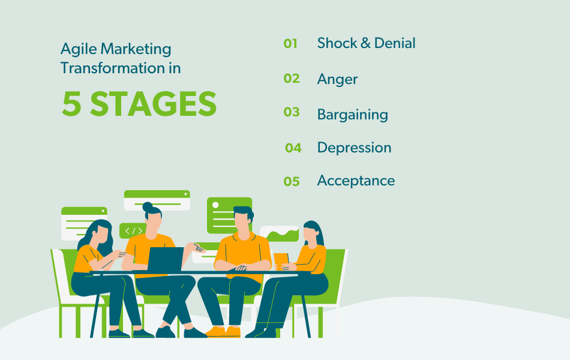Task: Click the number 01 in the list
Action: coord(290,43)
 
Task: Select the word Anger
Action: coord(337,79)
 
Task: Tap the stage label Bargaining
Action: coord(352,115)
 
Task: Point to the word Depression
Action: coord(354,148)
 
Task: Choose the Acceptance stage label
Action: coord(356,181)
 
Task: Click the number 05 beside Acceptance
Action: coord(292,181)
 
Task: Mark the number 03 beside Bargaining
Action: coord(292,112)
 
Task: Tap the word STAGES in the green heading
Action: coord(153,104)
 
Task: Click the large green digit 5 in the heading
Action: coord(71,104)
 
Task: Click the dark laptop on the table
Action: coord(165,259)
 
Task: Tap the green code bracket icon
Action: coord(133,230)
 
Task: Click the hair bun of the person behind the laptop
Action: coord(148,207)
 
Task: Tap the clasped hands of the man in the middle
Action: coord(242,268)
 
